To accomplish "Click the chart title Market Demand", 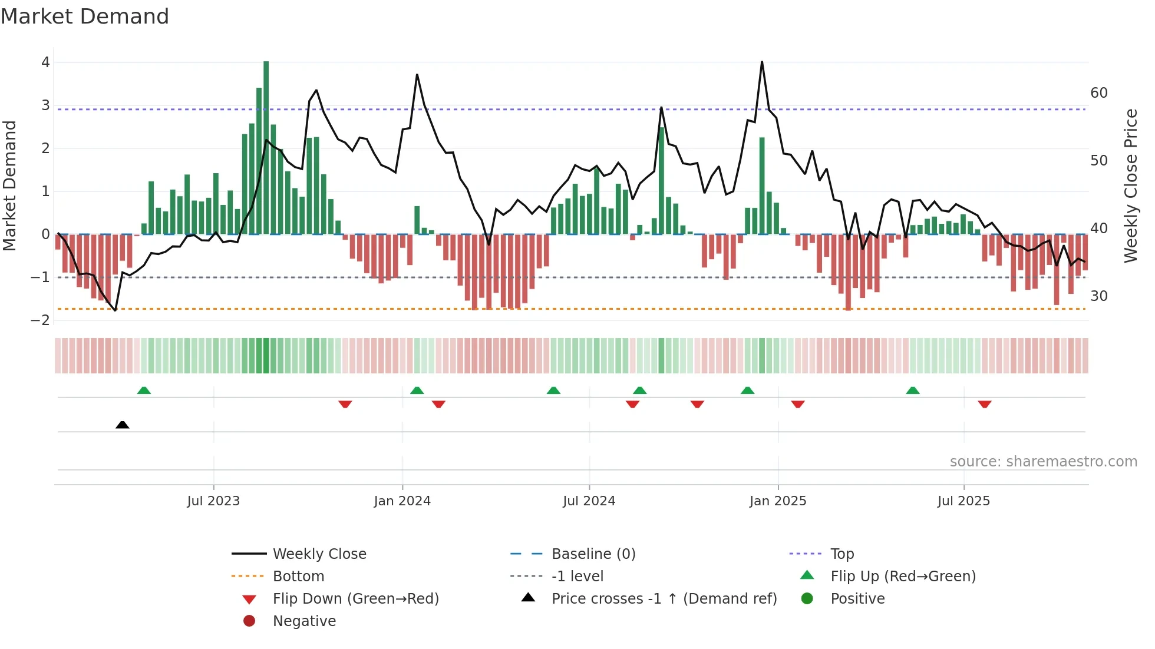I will tap(85, 16).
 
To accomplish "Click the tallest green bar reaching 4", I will tap(266, 147).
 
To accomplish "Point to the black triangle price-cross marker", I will tap(122, 425).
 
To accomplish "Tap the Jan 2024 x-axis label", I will tap(402, 501).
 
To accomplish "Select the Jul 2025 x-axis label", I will tap(963, 501).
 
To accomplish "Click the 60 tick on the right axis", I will tap(1098, 93).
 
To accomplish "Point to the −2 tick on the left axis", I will tap(40, 320).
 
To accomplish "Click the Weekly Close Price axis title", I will tap(1130, 186).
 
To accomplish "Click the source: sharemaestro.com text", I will tap(1043, 462).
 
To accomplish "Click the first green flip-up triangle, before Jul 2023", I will tap(144, 390).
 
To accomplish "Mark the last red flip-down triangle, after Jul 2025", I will tap(984, 404).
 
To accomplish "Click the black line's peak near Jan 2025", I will tap(762, 62).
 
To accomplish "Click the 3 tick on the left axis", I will tap(45, 105).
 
